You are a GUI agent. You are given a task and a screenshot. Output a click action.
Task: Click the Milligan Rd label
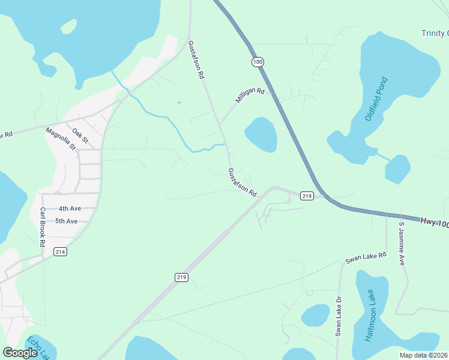(x=250, y=96)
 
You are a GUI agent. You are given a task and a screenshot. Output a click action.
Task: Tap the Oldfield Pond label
(x=376, y=99)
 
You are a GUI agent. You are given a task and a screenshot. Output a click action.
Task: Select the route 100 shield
(x=258, y=62)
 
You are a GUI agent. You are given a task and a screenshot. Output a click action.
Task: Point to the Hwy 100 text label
(x=433, y=222)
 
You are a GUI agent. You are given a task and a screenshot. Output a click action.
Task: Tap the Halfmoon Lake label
(x=372, y=316)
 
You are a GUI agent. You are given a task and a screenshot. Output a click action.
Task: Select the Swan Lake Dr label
(x=339, y=316)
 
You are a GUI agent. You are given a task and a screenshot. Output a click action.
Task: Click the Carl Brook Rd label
(x=43, y=227)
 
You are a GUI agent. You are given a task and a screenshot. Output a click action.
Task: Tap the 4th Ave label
(x=70, y=208)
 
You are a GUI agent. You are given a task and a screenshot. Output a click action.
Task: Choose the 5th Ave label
(x=66, y=221)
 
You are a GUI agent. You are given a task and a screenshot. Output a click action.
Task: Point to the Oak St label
(x=80, y=136)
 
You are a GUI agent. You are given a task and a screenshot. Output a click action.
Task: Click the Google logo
(x=20, y=353)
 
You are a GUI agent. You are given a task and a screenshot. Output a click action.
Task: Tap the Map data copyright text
(x=423, y=355)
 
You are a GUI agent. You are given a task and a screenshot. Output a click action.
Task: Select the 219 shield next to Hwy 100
(x=307, y=196)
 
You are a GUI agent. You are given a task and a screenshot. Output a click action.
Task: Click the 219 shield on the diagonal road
(x=182, y=277)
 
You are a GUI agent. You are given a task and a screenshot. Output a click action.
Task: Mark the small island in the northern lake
(x=69, y=26)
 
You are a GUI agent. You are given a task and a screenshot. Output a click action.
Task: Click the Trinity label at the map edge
(x=435, y=33)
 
